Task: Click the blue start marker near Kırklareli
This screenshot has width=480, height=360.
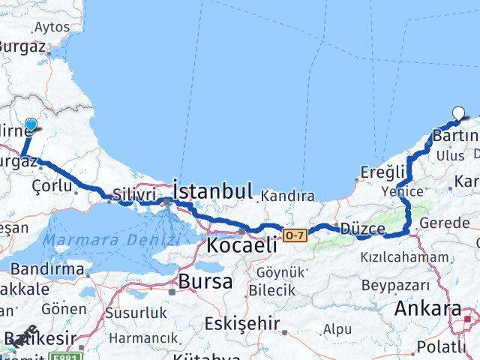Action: coord(31,125)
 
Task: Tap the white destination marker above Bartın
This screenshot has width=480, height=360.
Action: coord(459,115)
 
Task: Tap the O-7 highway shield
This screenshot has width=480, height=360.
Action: coord(294,236)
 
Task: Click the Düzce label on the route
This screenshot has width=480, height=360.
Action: coord(362,229)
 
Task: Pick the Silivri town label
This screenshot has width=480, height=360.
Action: coord(135,194)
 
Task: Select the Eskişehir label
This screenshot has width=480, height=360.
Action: coord(241,325)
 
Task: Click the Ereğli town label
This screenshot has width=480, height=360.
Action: coord(383,171)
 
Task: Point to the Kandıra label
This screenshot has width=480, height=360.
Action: coord(288,197)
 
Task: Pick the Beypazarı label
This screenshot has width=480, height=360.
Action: coord(395,285)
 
